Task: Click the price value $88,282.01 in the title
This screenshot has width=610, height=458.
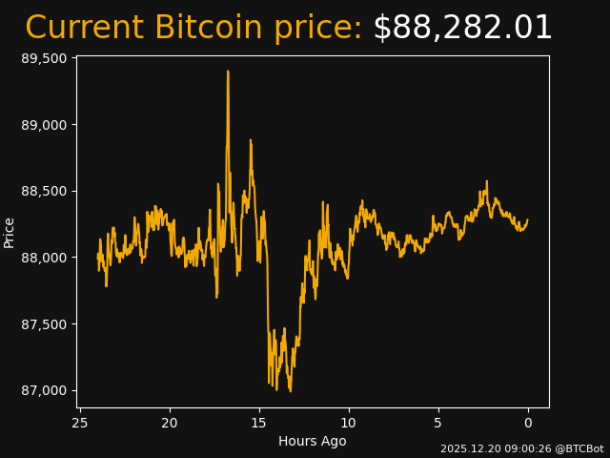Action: click(462, 28)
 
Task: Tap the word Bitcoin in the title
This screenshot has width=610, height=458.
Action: click(208, 28)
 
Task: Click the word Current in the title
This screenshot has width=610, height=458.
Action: click(84, 28)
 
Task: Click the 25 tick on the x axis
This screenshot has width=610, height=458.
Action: click(80, 423)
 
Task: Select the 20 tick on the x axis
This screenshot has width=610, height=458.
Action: click(170, 423)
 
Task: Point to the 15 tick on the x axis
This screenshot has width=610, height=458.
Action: click(259, 423)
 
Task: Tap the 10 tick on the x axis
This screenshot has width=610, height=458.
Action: click(349, 423)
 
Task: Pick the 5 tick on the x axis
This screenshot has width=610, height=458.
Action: click(438, 423)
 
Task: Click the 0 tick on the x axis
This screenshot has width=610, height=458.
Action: click(528, 423)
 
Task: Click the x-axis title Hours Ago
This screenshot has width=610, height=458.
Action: click(312, 441)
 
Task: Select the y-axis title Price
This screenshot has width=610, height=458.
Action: click(10, 232)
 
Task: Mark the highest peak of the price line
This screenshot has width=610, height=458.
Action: click(228, 71)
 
